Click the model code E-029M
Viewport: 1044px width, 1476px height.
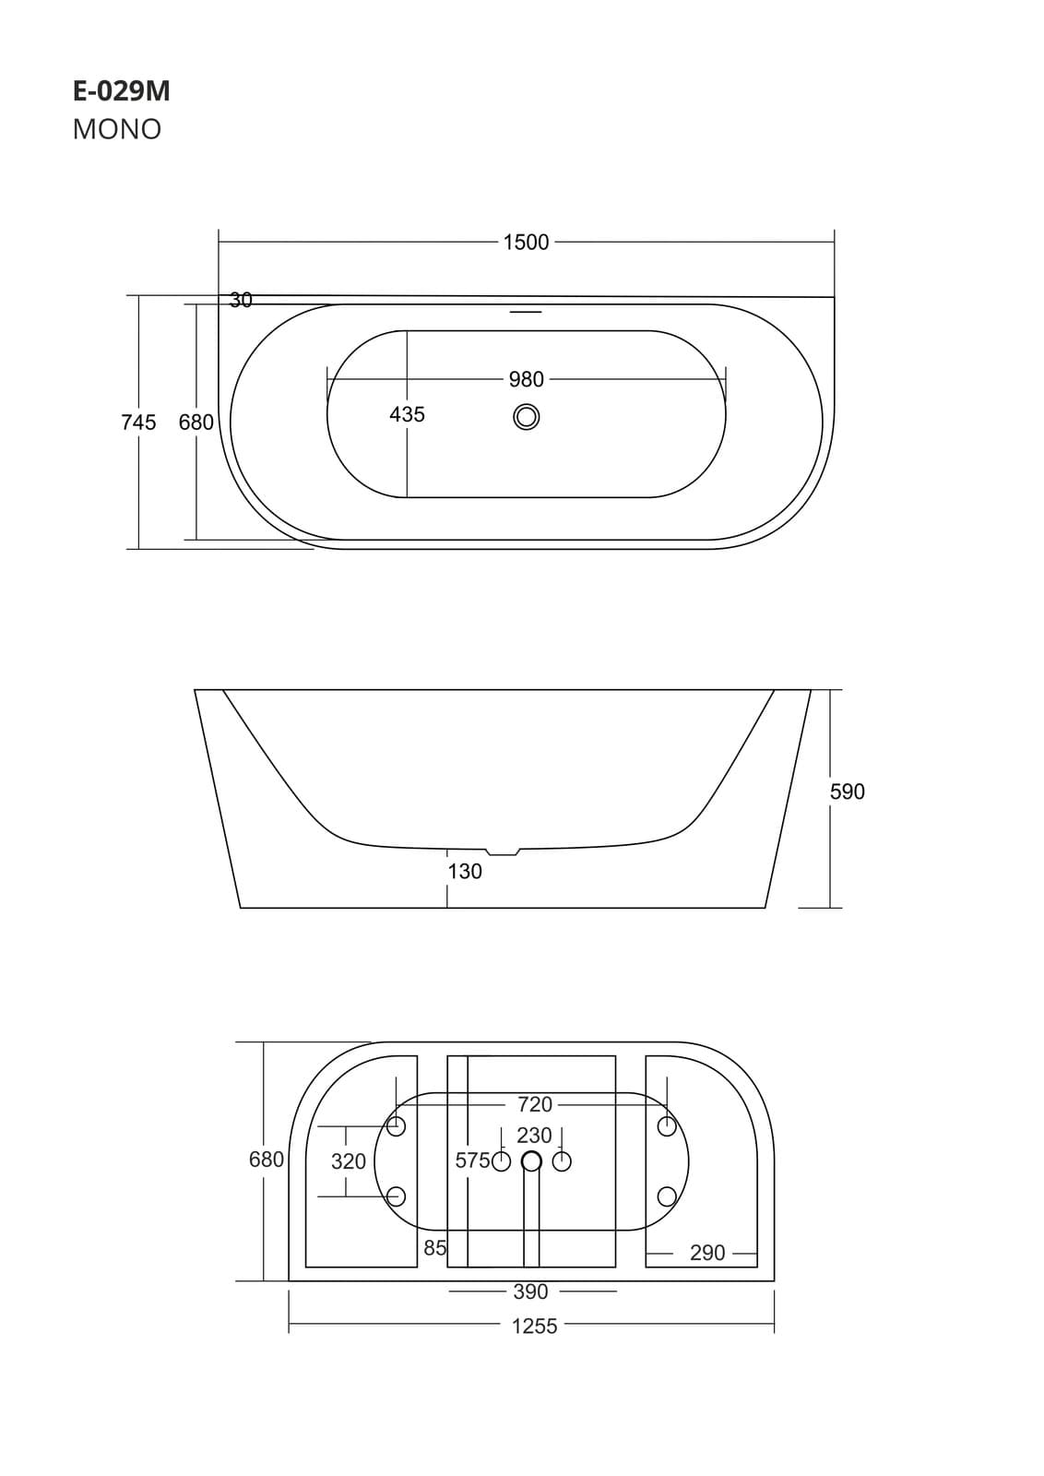(121, 91)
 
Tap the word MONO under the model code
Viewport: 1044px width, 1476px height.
(117, 129)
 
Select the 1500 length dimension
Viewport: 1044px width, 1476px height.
(526, 243)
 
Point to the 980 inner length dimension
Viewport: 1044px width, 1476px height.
(526, 379)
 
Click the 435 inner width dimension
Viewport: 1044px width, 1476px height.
(407, 415)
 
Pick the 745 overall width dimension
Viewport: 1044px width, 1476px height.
(138, 423)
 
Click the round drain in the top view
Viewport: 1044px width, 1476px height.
(527, 417)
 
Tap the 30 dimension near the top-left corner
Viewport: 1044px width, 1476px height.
(241, 300)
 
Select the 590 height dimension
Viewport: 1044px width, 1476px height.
(847, 792)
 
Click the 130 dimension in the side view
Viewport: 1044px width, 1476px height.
(465, 871)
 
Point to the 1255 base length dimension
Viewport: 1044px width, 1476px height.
(534, 1327)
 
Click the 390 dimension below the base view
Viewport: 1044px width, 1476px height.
(530, 1291)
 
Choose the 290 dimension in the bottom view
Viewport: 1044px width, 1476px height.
(707, 1253)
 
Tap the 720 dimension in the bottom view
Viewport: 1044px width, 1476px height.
(534, 1104)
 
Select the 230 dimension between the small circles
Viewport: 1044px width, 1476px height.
(534, 1136)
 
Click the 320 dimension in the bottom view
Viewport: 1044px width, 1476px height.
(349, 1161)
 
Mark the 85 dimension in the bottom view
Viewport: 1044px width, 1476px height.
(434, 1248)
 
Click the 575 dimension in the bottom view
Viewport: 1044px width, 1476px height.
(472, 1161)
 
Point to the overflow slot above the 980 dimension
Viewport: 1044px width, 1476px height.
(527, 312)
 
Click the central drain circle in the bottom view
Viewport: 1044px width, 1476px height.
(531, 1161)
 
